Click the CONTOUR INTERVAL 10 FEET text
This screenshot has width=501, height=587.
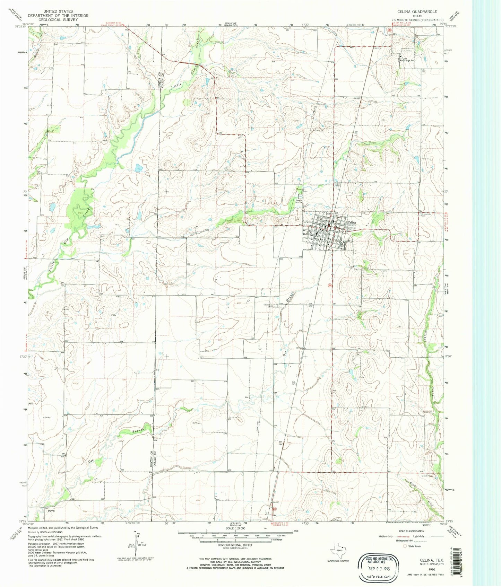[235, 545]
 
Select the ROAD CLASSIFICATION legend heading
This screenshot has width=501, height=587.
[411, 531]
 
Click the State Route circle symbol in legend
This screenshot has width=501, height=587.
[405, 546]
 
